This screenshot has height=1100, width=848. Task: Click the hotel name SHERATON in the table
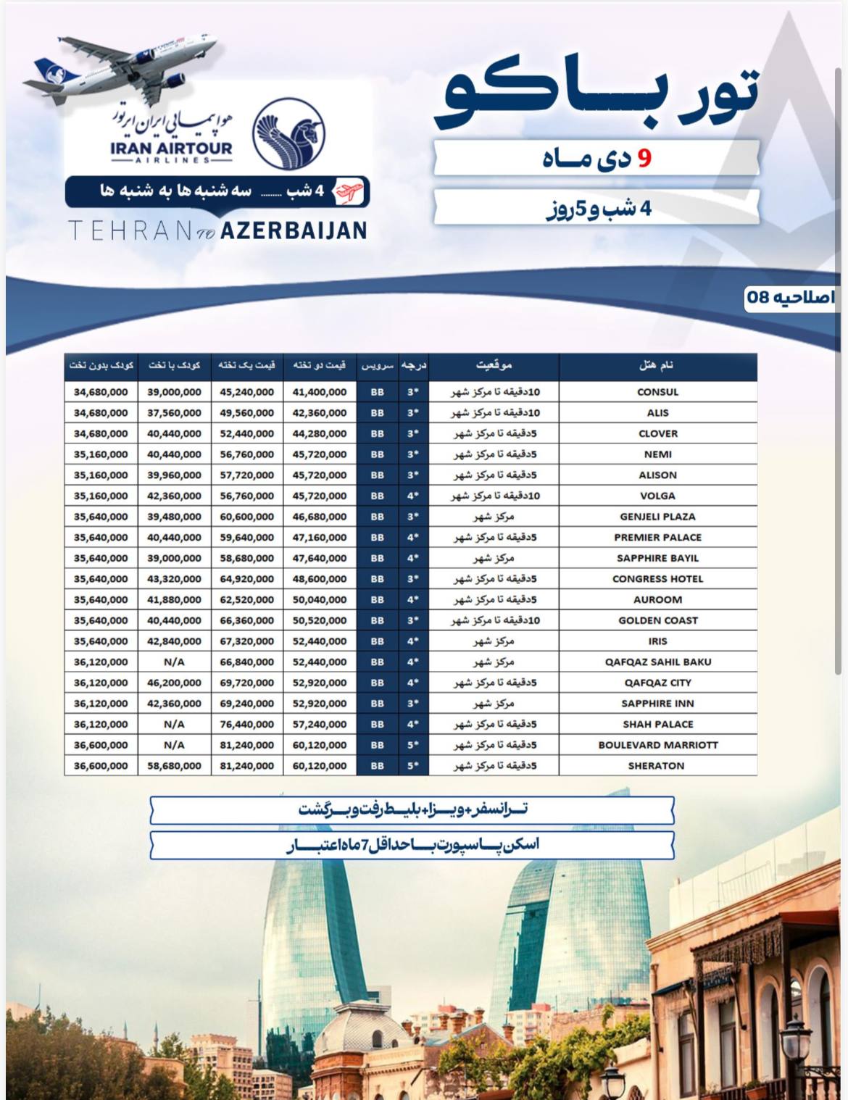[656, 766]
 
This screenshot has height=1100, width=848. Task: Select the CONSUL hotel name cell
[657, 392]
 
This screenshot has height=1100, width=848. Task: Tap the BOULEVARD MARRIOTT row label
[657, 745]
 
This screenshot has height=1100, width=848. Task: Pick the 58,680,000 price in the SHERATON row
[174, 766]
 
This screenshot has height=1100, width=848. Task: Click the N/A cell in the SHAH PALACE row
[174, 724]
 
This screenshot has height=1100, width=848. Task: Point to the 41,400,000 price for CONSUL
[320, 392]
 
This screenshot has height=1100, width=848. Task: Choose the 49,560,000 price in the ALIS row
[247, 413]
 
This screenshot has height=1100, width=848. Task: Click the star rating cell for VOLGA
[413, 496]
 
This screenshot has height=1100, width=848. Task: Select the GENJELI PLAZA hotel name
[657, 517]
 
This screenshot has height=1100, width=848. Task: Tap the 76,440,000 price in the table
[247, 724]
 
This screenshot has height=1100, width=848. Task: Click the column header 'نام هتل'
[657, 365]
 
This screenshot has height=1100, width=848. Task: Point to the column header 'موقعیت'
[494, 365]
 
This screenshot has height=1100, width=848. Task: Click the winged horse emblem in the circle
[288, 133]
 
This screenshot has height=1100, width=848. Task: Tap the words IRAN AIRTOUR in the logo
[172, 149]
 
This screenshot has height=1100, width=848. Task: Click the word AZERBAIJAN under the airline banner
[293, 230]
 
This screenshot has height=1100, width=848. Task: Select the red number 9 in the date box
[644, 158]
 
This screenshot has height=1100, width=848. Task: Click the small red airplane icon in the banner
[348, 192]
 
